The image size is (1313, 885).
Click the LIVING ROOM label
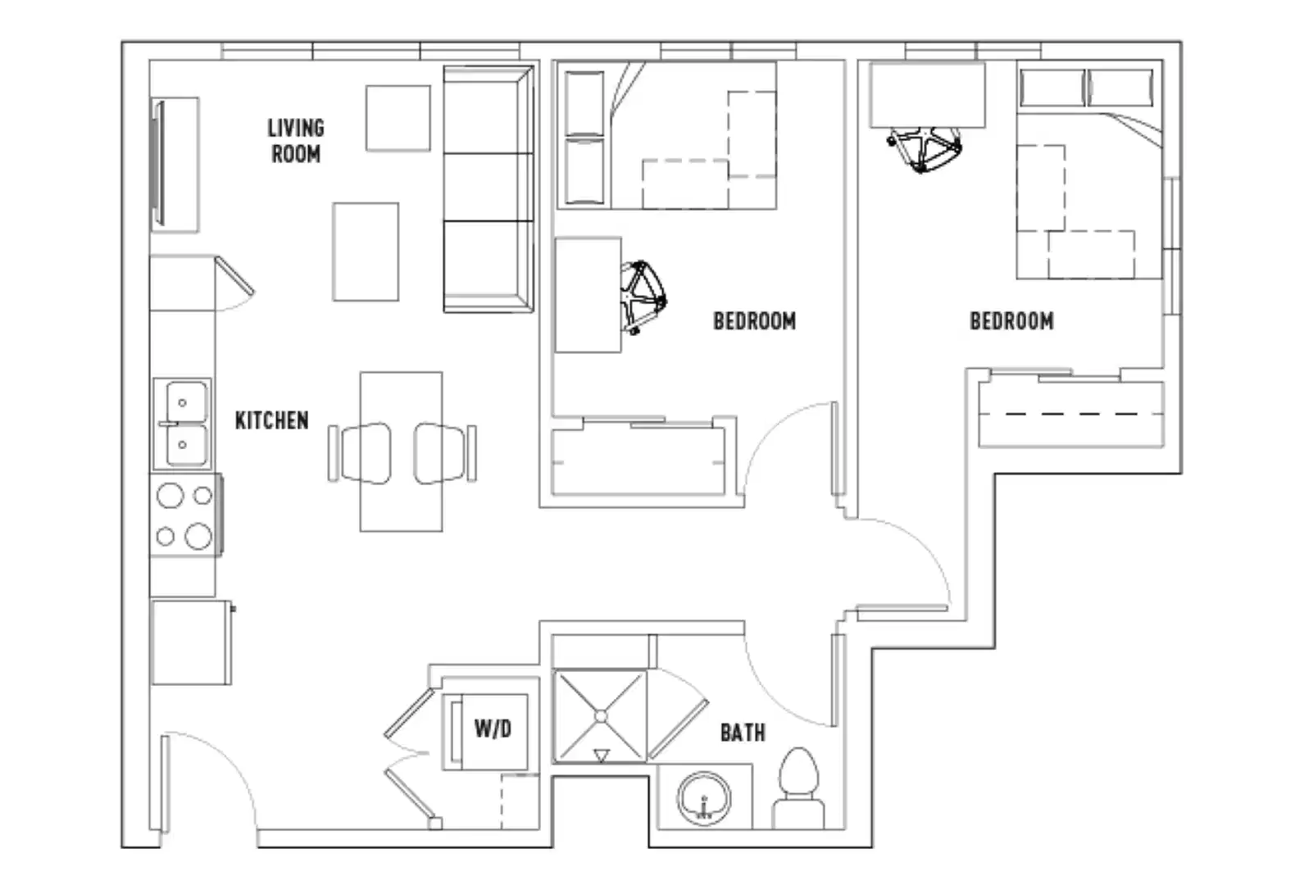coord(296,141)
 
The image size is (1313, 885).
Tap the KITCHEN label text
coord(271,420)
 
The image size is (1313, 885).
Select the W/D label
coord(493,728)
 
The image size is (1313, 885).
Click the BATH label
coord(743,732)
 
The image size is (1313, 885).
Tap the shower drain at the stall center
coord(601,716)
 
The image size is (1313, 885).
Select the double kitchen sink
coord(182,424)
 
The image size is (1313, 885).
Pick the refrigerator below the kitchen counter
coord(190,642)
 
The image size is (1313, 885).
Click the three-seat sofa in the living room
coord(488,189)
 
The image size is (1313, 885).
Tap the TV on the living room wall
coord(159,163)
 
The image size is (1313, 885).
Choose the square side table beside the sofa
coord(398,118)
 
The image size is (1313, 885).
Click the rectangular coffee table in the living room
coord(366,252)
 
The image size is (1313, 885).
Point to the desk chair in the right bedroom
coord(925,148)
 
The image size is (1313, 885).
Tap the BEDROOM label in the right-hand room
coord(1011,321)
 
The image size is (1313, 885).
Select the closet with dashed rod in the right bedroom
coord(1071,414)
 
